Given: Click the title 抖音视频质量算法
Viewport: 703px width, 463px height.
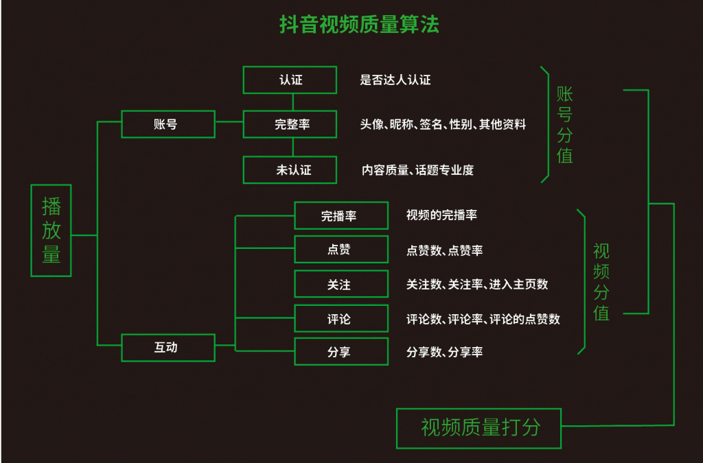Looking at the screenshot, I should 359,25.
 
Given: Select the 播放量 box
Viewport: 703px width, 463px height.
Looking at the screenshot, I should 51,230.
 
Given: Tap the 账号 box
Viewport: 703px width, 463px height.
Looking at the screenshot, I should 168,124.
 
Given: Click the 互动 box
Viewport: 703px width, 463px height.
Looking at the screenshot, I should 168,347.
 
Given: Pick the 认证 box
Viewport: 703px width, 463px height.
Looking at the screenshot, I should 290,80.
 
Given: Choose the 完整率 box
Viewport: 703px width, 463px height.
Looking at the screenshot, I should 290,124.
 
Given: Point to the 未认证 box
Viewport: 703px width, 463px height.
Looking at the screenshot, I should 290,169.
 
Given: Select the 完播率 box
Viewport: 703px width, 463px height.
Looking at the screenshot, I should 341,215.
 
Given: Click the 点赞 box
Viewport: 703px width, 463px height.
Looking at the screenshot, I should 341,250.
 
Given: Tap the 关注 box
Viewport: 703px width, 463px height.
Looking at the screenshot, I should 341,284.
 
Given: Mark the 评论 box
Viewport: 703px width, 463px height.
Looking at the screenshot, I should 341,319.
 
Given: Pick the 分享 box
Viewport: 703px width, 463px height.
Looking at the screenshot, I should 341,352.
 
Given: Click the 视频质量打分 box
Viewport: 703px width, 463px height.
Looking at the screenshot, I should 479,428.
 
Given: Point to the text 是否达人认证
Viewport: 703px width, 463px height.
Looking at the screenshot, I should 395,80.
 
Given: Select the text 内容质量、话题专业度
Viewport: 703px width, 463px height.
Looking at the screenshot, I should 417,170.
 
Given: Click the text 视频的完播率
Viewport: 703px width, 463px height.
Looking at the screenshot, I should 441,215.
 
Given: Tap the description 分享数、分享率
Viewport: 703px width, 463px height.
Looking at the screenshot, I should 444,352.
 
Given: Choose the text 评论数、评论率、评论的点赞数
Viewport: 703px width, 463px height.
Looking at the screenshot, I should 483,319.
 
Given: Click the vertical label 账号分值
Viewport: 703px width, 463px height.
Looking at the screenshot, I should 564,125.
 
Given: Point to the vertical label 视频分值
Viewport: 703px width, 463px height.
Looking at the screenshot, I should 601,282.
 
